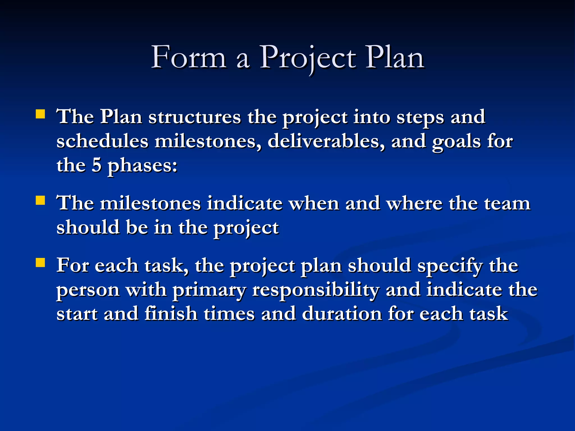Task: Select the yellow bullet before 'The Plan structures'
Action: pos(40,114)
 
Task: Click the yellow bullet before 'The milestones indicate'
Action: pos(40,201)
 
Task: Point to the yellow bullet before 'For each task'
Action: pos(40,263)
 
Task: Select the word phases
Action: pos(143,166)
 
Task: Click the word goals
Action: pos(456,142)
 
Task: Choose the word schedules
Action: pos(102,141)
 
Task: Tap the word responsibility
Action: pos(316,291)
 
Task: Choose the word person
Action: pos(88,291)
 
